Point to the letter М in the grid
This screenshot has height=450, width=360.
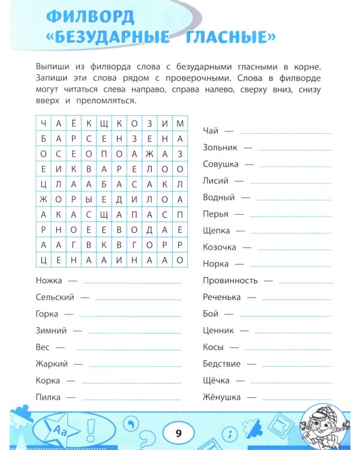click(x=179, y=123)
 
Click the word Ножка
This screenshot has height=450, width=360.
click(x=48, y=280)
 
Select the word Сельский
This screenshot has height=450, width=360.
click(x=55, y=297)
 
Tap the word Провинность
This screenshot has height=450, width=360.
click(x=230, y=280)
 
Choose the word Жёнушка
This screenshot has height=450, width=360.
click(x=221, y=397)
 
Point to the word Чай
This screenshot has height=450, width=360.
click(x=211, y=130)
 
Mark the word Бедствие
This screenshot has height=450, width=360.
click(x=221, y=364)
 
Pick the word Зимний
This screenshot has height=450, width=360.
click(x=51, y=330)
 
